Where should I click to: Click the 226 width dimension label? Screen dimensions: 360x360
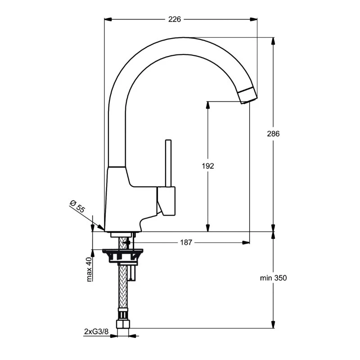(x=175, y=19)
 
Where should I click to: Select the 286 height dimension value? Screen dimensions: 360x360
(x=273, y=134)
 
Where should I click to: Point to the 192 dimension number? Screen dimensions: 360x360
(x=208, y=166)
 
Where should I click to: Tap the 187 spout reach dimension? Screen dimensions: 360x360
(x=186, y=243)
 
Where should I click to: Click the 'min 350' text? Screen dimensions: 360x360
(x=273, y=278)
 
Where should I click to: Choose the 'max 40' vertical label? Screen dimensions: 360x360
(x=89, y=269)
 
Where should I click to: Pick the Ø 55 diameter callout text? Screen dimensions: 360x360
(x=77, y=206)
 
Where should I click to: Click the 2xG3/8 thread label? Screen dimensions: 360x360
(x=96, y=332)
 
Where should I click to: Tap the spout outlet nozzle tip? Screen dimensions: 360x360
(x=247, y=96)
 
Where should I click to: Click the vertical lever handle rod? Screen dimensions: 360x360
(x=168, y=163)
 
